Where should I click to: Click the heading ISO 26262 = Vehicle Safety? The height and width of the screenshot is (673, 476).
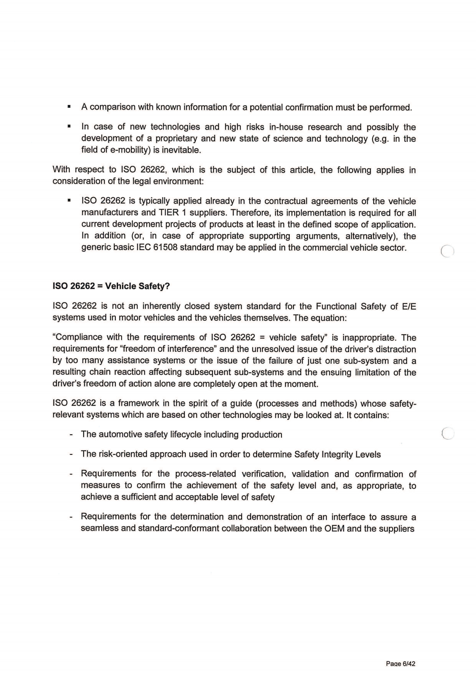click(x=111, y=286)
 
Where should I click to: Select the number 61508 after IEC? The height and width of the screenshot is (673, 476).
click(x=165, y=248)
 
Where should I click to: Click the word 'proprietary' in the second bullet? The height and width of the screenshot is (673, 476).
click(x=176, y=139)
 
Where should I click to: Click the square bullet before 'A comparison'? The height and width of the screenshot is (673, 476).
click(x=69, y=107)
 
